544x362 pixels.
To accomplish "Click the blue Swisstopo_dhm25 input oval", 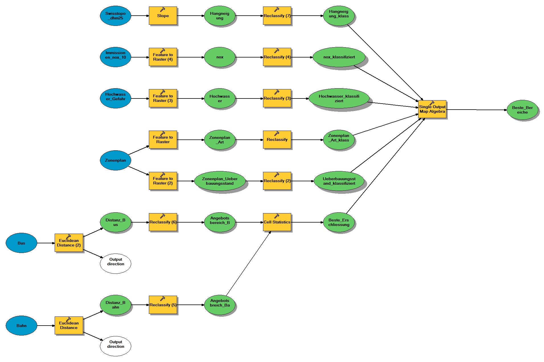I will (x=115, y=16).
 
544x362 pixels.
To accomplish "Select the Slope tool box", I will (x=163, y=16).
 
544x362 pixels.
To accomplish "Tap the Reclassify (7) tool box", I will (x=277, y=16).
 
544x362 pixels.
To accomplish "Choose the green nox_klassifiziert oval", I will (x=339, y=57).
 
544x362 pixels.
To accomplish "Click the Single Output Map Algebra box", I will (x=432, y=109).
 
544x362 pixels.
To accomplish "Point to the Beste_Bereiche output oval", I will (x=522, y=110).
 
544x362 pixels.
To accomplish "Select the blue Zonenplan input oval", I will (x=115, y=160).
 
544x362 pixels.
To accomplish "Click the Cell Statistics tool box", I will (x=277, y=222).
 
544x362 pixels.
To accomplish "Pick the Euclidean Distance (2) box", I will (x=69, y=243).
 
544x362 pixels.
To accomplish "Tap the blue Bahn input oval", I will (x=21, y=326).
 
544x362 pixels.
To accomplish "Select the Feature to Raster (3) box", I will (x=163, y=98).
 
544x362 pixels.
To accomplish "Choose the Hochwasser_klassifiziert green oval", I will (x=339, y=98).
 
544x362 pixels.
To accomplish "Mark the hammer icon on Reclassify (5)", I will (x=163, y=299).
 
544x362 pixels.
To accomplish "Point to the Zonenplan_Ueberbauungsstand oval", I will (x=219, y=181).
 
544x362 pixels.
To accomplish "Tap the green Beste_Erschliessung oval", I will (x=339, y=222).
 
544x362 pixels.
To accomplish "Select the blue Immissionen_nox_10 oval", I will (x=115, y=57).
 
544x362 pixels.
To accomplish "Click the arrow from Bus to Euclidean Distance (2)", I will (x=46, y=243).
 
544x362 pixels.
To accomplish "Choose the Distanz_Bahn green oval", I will (x=115, y=305).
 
